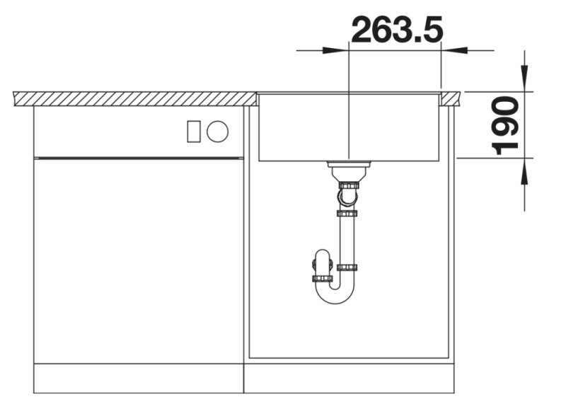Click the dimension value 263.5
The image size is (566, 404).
click(396, 30)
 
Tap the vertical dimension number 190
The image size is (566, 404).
click(506, 125)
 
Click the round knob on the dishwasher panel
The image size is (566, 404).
click(217, 131)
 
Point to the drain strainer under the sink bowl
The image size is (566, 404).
click(348, 168)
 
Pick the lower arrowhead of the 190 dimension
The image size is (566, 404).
click(524, 173)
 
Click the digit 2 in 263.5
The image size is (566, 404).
click(364, 30)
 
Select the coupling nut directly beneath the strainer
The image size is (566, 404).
click(348, 185)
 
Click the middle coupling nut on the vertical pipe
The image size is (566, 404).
click(347, 213)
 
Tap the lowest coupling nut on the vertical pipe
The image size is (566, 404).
click(347, 267)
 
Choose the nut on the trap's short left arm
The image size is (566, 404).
click(322, 278)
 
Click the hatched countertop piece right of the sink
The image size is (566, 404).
click(451, 98)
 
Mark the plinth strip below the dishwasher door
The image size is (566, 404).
click(139, 378)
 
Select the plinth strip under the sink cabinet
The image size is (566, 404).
click(348, 378)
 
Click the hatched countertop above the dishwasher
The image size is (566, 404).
click(134, 98)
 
